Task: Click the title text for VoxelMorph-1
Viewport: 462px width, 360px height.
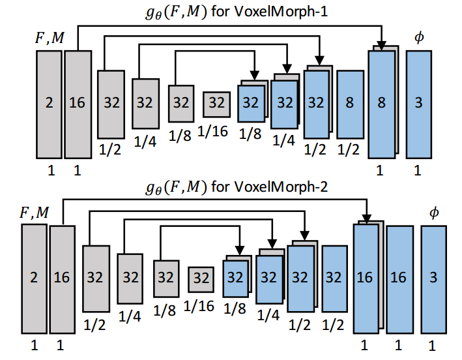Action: point(231,11)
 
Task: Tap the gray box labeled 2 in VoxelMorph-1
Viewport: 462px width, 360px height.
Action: point(48,103)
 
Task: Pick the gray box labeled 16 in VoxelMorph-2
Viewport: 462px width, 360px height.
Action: point(62,277)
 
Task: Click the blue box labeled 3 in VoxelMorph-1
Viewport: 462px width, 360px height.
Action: point(418,103)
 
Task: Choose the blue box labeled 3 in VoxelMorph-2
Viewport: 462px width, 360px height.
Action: point(433,277)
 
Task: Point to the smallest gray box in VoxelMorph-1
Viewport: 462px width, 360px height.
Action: point(216,103)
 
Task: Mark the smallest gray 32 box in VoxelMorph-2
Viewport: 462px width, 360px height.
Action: point(201,277)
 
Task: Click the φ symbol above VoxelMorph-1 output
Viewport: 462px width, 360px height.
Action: point(418,38)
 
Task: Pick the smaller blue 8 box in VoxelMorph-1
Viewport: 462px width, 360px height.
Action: point(350,103)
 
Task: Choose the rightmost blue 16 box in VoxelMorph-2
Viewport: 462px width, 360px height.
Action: point(399,277)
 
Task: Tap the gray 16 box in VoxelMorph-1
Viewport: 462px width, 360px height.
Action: point(77,103)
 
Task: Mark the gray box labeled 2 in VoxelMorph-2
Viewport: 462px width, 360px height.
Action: point(33,277)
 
